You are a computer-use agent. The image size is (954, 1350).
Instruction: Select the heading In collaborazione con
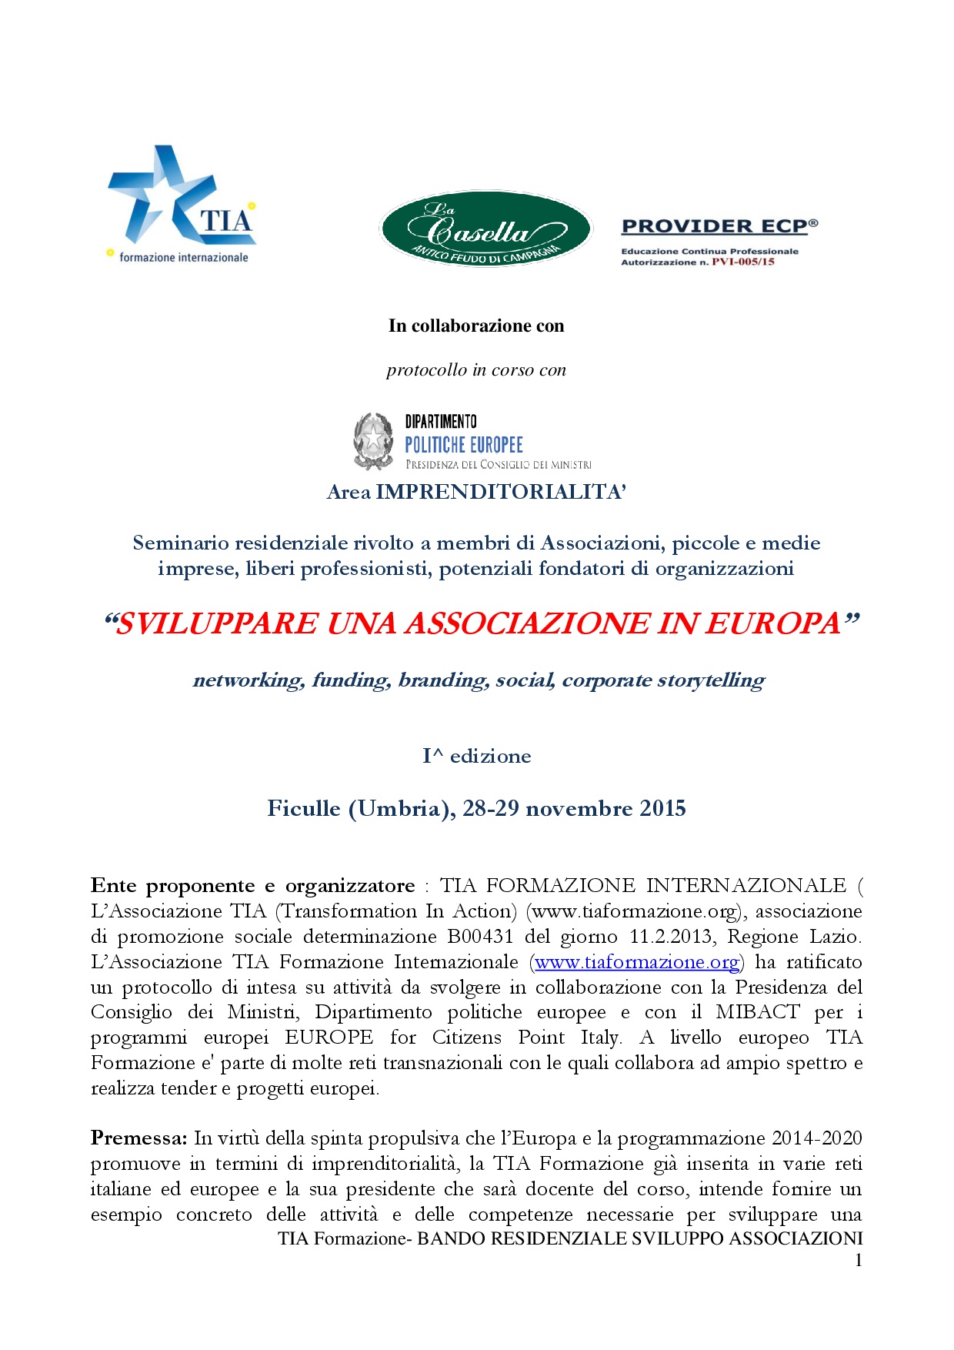coord(476,326)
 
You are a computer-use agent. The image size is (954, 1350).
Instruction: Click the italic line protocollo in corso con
coord(476,370)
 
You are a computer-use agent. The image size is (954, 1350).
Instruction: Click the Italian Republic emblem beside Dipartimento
coord(373,441)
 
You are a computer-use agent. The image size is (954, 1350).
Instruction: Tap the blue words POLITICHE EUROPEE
coord(464,445)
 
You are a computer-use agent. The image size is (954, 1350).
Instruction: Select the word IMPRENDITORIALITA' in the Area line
coord(501,493)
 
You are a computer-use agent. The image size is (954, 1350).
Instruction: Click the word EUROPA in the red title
coord(773,623)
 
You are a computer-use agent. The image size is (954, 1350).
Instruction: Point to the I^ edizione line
coord(476,757)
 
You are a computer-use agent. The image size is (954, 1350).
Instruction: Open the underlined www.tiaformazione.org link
coord(637,962)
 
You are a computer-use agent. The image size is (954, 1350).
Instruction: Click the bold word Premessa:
coord(138,1138)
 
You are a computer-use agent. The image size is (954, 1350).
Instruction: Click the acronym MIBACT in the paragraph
coord(758,1013)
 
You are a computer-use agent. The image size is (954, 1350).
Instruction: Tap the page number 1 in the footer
coord(859,1261)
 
